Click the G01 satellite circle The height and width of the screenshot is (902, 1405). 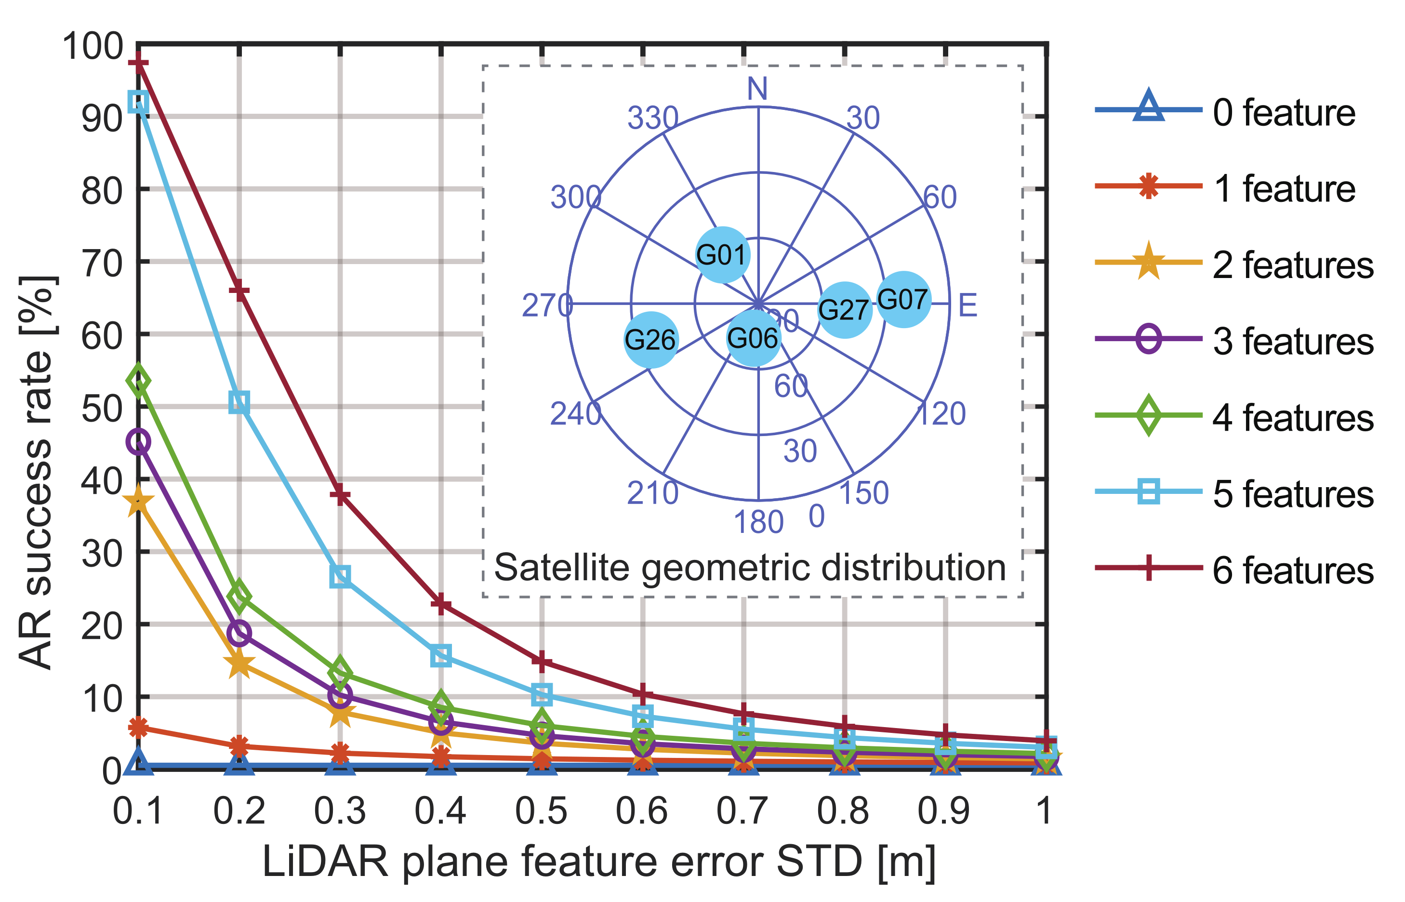coord(723,255)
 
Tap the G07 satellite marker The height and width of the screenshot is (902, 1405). coord(904,300)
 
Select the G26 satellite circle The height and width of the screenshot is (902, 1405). coord(650,340)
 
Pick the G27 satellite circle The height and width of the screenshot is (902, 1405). coord(844,310)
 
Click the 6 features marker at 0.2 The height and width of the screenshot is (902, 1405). coord(239,291)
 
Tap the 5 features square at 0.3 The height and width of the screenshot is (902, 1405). coord(340,576)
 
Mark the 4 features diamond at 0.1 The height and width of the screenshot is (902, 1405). coord(138,381)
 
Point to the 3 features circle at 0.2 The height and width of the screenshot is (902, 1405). coord(239,633)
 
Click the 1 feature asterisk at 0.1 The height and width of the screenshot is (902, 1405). coord(138,728)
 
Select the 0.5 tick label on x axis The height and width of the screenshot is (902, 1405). coord(541,811)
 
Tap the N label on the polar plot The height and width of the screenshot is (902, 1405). coord(757,89)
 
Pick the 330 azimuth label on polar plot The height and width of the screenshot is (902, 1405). coord(652,119)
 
